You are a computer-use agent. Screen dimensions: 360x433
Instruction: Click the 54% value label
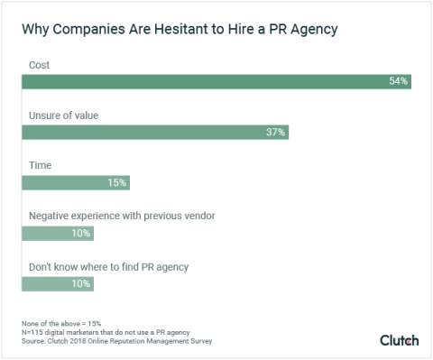(398, 82)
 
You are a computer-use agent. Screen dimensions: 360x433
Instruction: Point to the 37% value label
(275, 133)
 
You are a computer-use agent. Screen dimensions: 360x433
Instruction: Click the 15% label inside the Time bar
(117, 183)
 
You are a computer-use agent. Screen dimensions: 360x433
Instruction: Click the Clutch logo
(399, 340)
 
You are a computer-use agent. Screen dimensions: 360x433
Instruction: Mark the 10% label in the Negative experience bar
(80, 234)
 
